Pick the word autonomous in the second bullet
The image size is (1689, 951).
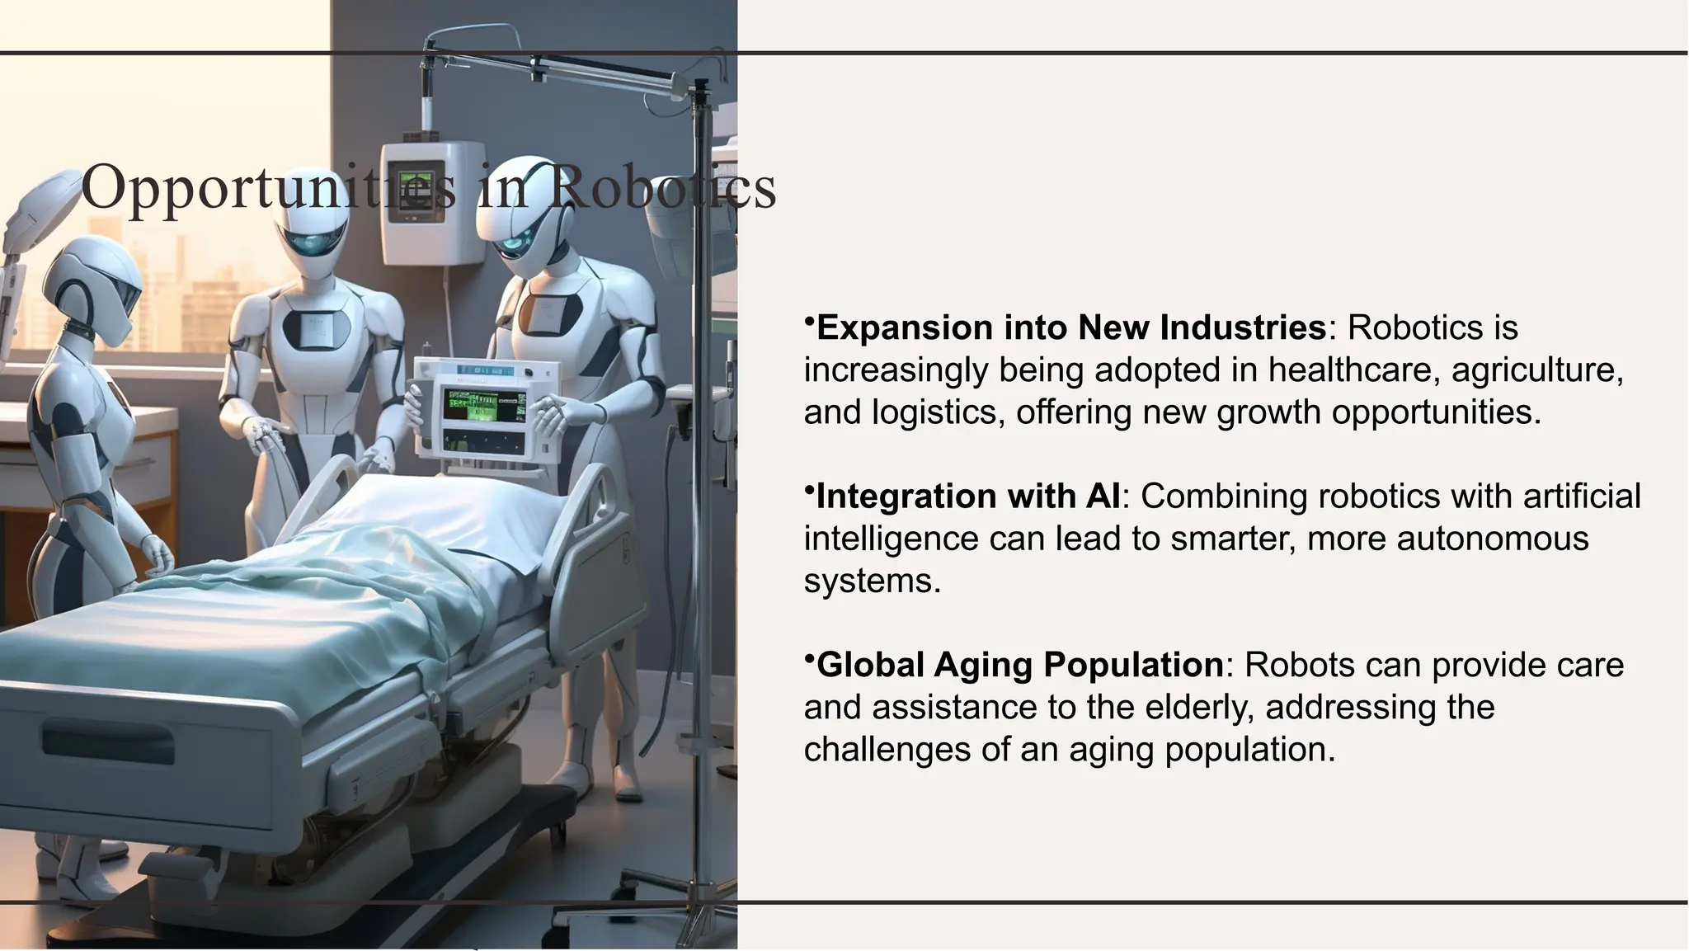[1492, 539]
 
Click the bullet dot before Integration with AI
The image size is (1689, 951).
[809, 488]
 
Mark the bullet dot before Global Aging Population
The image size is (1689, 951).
[809, 657]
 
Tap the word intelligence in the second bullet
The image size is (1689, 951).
[886, 539]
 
